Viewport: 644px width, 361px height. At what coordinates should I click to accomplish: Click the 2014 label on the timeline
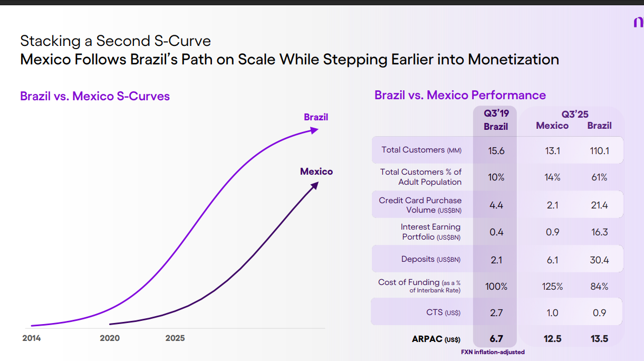click(x=31, y=338)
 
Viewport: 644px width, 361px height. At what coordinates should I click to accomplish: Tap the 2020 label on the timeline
click(x=110, y=338)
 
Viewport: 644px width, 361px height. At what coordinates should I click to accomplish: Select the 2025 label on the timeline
click(x=175, y=338)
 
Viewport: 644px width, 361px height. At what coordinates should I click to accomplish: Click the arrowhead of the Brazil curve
click(x=315, y=129)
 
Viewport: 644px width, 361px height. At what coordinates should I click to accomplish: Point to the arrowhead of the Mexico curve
click(x=315, y=185)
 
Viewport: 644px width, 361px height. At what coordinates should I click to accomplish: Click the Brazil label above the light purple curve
click(x=316, y=117)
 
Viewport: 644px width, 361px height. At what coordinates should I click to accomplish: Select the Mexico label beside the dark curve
click(x=316, y=172)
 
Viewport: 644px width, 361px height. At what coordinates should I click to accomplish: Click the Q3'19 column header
click(x=496, y=113)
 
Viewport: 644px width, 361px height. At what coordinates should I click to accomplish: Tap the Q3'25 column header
click(x=575, y=114)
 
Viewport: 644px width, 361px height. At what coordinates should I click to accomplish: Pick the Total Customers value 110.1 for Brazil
click(x=600, y=151)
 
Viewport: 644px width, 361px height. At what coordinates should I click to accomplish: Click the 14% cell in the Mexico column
click(x=552, y=177)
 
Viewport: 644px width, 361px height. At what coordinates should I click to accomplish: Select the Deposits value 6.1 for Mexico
click(x=552, y=260)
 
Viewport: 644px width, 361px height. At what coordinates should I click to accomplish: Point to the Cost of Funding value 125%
click(x=552, y=287)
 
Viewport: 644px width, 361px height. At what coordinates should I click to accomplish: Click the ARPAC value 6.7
click(x=496, y=339)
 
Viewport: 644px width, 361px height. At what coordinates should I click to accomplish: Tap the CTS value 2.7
click(x=496, y=313)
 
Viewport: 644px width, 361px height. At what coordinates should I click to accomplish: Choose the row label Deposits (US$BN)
click(x=431, y=259)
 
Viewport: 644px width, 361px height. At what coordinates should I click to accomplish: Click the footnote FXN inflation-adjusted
click(x=493, y=352)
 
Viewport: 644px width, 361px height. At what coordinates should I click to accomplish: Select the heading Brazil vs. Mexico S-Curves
click(x=95, y=96)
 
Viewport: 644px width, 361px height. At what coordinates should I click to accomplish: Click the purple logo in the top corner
click(x=638, y=22)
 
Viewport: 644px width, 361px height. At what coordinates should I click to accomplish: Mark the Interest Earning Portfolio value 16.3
click(x=600, y=232)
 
